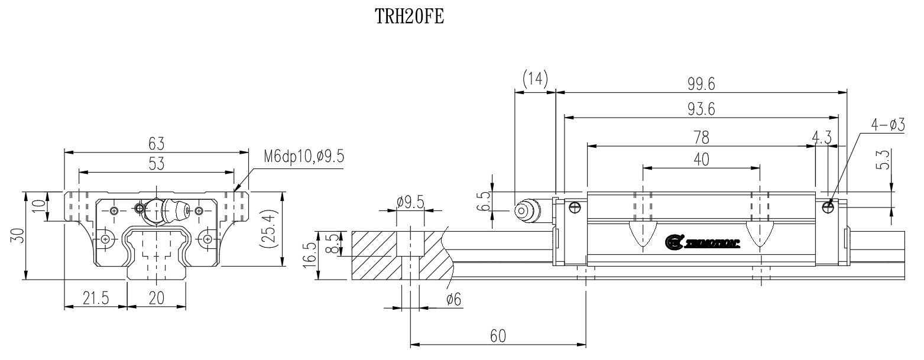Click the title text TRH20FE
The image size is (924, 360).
point(410,18)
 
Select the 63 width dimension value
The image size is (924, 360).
point(156,144)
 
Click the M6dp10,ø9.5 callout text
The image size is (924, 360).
point(303,157)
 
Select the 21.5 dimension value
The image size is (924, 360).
point(95,299)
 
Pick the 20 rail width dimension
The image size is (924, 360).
point(156,299)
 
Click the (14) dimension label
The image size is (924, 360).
point(535,77)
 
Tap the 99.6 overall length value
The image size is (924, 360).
point(701,85)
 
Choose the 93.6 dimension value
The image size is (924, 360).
point(701,110)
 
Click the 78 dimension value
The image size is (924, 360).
point(701,137)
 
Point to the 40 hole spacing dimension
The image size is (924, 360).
point(701,160)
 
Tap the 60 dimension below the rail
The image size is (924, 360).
point(498,335)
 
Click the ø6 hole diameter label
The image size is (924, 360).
point(453,300)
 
